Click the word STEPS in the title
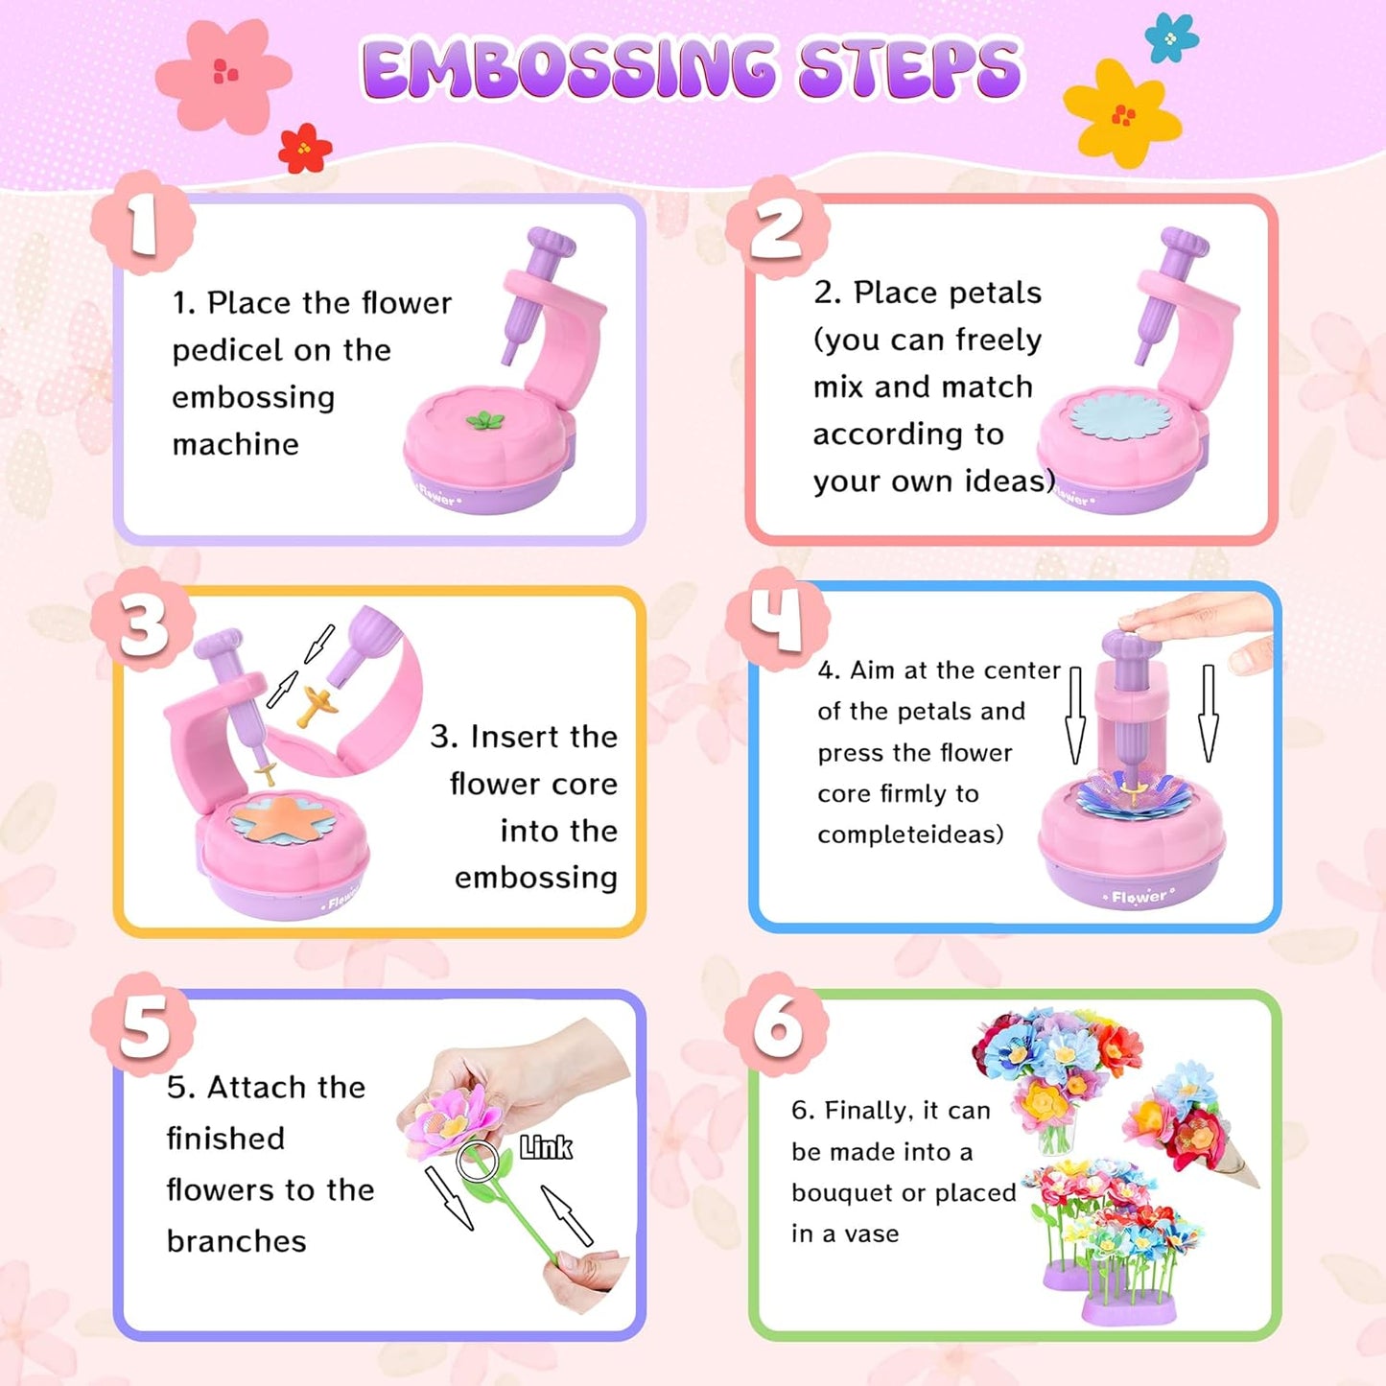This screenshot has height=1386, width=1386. point(910,69)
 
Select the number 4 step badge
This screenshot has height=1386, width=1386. point(776,618)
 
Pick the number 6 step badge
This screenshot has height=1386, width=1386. point(776,1024)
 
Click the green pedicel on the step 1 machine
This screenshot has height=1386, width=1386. point(484,420)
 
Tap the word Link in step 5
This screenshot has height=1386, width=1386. point(546,1147)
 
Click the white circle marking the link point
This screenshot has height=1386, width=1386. point(477,1161)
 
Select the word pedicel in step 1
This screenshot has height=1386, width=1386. point(228,351)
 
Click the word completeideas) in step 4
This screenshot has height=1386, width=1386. point(910,834)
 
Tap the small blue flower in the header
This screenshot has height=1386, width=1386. point(1171,38)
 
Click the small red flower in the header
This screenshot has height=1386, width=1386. point(304,149)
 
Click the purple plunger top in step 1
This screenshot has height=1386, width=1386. point(551,244)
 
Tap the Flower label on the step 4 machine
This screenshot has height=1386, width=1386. point(1139,897)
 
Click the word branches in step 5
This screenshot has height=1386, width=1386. point(236,1241)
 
